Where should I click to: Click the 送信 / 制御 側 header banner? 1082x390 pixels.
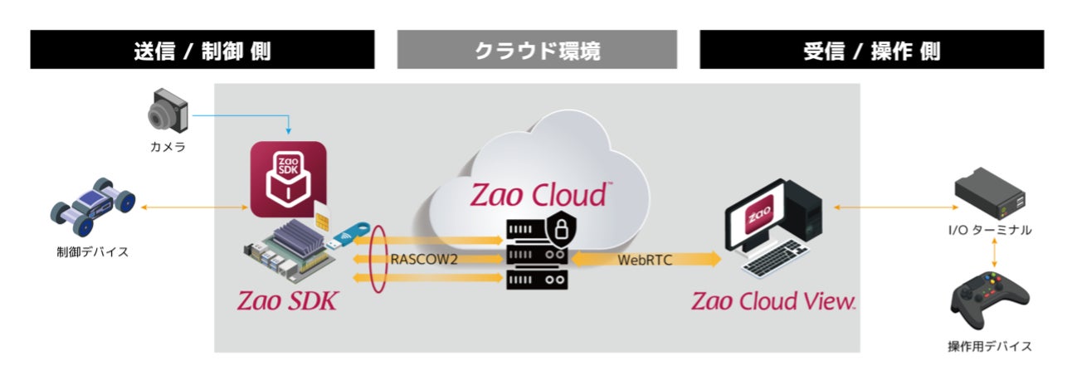point(202,51)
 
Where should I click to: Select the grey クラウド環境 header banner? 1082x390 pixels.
point(537,51)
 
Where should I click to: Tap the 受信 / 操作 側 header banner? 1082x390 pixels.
point(871,51)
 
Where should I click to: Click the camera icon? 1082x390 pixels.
point(168,112)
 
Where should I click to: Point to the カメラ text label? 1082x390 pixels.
point(168,147)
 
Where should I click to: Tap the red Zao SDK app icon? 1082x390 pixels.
point(288,178)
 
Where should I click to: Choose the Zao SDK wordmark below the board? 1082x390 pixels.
point(287,300)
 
